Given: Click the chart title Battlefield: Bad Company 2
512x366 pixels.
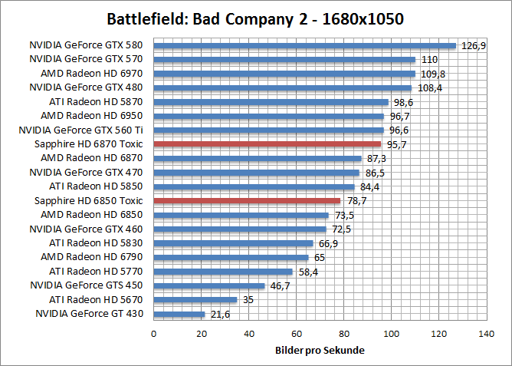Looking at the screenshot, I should [256, 18].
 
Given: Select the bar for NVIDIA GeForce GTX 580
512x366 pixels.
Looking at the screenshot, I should [305, 45].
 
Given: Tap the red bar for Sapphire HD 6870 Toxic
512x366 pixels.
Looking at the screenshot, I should [267, 143].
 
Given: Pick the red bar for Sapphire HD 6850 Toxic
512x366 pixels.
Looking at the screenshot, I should [247, 200].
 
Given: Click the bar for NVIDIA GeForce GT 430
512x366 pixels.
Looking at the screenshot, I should [179, 314].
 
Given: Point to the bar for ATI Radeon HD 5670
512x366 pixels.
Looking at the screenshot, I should [195, 300].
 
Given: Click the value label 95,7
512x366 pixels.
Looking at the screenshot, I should [395, 143].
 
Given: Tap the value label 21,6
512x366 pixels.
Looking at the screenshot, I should [220, 314].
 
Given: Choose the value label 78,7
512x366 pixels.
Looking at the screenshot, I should [355, 200].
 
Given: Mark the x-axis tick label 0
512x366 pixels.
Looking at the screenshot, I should [154, 334].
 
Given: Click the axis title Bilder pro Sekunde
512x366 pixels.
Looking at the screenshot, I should [320, 351].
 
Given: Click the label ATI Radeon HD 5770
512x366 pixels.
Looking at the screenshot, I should [97, 271].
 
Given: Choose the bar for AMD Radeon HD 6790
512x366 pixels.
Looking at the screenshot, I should [231, 257].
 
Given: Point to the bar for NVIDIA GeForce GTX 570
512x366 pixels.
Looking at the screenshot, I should [284, 59].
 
